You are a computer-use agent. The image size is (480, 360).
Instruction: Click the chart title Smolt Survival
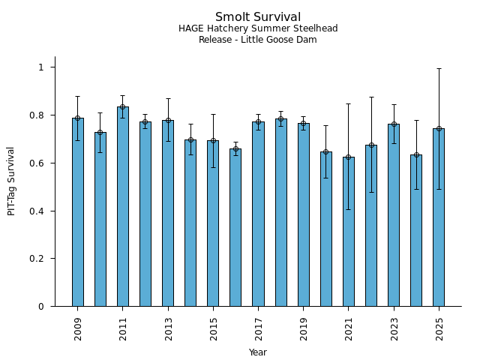258,17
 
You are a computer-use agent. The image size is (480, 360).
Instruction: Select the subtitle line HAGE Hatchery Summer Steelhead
258,28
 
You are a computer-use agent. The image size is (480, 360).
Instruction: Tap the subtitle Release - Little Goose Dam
258,40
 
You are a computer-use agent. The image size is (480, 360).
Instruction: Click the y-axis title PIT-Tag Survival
11,181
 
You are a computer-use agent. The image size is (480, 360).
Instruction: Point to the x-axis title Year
258,352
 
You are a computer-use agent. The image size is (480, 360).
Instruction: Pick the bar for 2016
235,229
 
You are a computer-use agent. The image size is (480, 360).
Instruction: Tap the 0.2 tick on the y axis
40,259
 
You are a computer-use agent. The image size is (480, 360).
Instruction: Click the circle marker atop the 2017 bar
258,122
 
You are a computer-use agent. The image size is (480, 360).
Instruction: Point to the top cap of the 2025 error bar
439,69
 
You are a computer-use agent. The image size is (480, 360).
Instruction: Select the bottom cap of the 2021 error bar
349,209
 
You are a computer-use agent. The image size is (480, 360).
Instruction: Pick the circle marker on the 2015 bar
213,141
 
